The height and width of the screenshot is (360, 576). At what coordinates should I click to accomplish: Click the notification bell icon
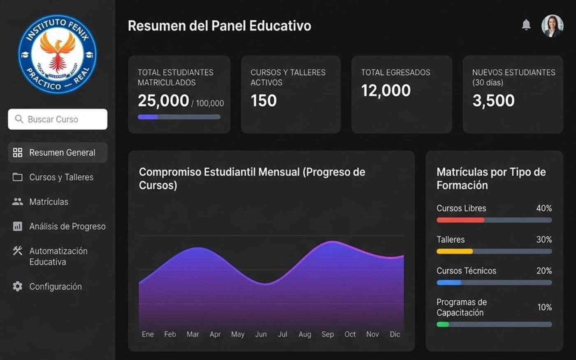pyautogui.click(x=526, y=25)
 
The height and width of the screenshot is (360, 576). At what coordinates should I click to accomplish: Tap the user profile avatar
pyautogui.click(x=552, y=26)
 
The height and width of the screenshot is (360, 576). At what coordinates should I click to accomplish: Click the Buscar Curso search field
pyautogui.click(x=58, y=119)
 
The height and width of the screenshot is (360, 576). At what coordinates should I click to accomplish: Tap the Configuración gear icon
pyautogui.click(x=17, y=286)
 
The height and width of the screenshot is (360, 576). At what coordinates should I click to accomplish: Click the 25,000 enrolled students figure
pyautogui.click(x=164, y=100)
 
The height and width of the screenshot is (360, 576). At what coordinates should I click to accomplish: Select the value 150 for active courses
pyautogui.click(x=264, y=100)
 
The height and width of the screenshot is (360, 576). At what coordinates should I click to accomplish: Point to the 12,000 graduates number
pyautogui.click(x=386, y=91)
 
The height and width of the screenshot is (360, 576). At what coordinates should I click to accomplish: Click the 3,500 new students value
pyautogui.click(x=493, y=100)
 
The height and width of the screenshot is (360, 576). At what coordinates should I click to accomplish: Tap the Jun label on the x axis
pyautogui.click(x=261, y=334)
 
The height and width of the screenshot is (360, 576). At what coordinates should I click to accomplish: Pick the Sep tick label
pyautogui.click(x=327, y=334)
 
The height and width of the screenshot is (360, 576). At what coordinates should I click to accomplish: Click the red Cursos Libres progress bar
pyautogui.click(x=460, y=220)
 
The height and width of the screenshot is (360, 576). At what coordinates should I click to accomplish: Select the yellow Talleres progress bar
pyautogui.click(x=455, y=251)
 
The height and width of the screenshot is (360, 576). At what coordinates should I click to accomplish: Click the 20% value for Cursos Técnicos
pyautogui.click(x=544, y=271)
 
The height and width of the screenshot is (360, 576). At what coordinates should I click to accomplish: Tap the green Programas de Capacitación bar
pyautogui.click(x=443, y=325)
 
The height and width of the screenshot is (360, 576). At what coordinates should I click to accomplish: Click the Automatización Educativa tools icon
pyautogui.click(x=17, y=251)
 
